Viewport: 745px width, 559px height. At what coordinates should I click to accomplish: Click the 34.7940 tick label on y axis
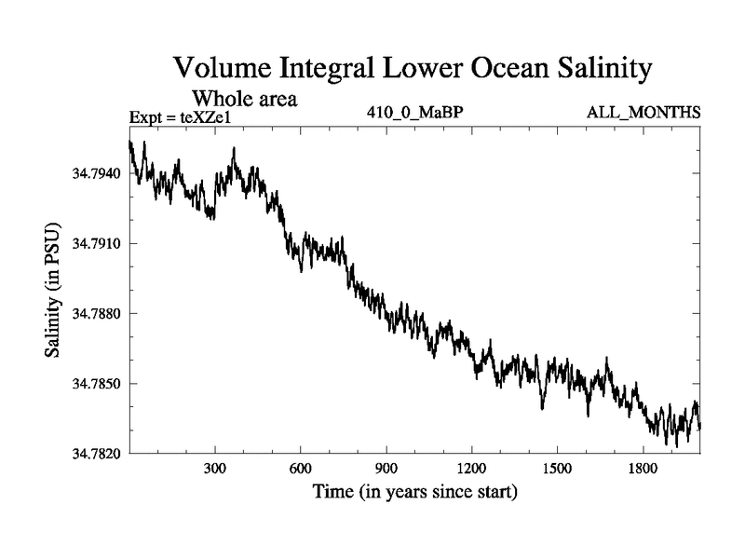[x=95, y=173]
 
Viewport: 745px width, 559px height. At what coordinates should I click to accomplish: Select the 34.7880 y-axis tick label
[x=95, y=314]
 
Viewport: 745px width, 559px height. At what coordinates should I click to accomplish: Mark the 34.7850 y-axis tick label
[x=95, y=384]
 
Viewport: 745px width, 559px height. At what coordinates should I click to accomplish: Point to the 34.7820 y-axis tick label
[x=95, y=454]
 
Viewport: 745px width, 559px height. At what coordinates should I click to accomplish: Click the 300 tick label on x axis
[x=215, y=469]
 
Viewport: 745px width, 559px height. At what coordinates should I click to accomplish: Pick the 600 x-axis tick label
[x=301, y=469]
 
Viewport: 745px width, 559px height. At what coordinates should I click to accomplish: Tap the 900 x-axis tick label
[x=386, y=469]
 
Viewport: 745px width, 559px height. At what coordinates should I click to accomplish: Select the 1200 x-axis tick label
[x=471, y=469]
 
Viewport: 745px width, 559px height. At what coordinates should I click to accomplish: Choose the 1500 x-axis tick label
[x=557, y=469]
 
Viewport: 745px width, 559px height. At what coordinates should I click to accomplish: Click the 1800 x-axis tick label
[x=643, y=469]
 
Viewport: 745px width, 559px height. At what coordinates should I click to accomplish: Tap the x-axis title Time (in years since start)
[x=414, y=491]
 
